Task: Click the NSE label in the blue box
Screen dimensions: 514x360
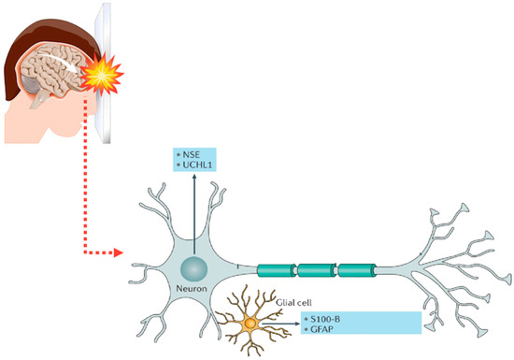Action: pos(192,154)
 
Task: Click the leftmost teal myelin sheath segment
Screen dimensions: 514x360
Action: pos(276,271)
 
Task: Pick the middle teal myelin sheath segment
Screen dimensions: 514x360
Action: pos(318,271)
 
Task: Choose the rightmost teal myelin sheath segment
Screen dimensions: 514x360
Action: pos(358,271)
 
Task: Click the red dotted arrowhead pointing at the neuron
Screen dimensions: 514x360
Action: pos(119,252)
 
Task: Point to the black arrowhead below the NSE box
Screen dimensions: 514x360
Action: pos(194,178)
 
